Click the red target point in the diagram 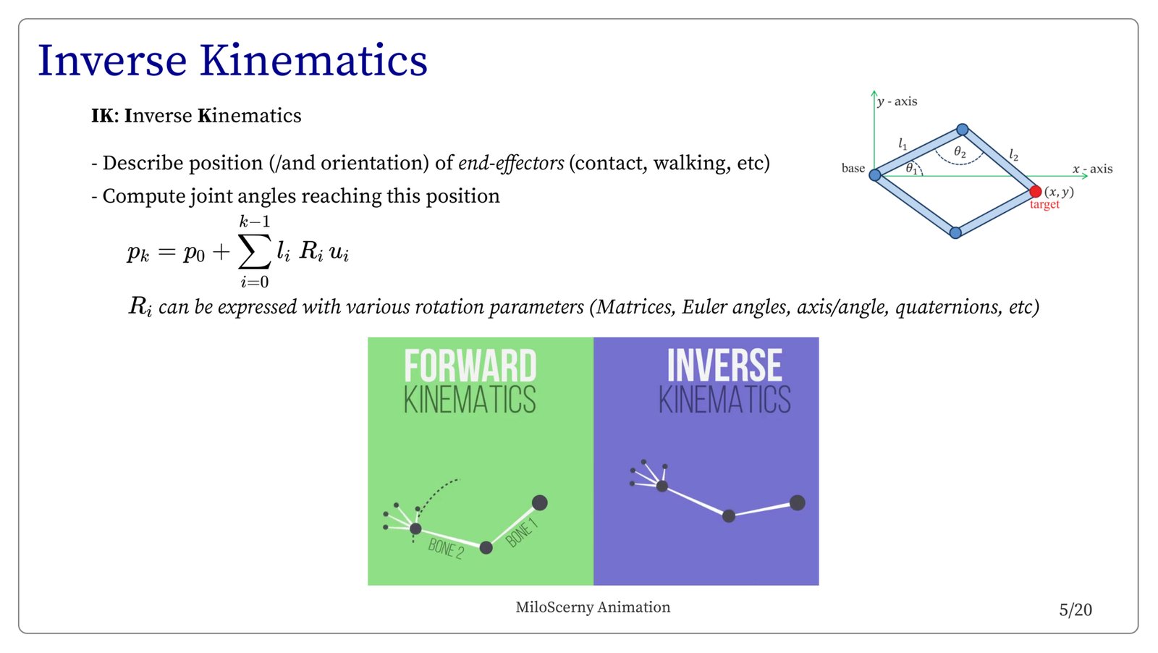click(x=1035, y=191)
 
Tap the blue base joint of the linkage click(x=875, y=175)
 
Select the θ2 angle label click(x=960, y=151)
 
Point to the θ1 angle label click(x=911, y=168)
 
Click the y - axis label click(x=897, y=101)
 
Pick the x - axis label click(x=1092, y=169)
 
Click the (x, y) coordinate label click(x=1059, y=192)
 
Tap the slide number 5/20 click(x=1075, y=610)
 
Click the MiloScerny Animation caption click(x=593, y=607)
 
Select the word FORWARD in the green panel click(x=470, y=366)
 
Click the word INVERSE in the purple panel click(x=724, y=366)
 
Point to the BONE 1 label click(x=521, y=534)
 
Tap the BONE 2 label click(x=446, y=549)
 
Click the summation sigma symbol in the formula click(x=254, y=252)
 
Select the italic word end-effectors click(x=511, y=163)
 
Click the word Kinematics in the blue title click(x=313, y=61)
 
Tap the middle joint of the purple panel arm click(x=728, y=515)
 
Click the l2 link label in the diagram click(x=1014, y=155)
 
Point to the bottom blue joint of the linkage click(x=955, y=232)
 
